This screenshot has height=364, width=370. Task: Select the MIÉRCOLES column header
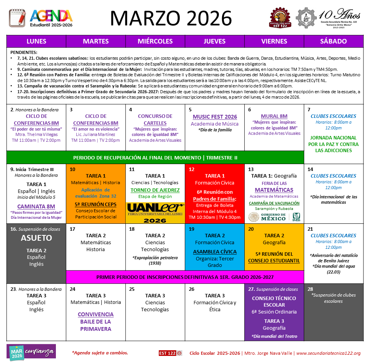155,41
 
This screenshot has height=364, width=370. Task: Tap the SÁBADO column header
333,41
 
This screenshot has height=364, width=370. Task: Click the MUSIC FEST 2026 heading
215,117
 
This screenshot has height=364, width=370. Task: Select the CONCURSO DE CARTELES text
155,119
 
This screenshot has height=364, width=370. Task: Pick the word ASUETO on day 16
36,238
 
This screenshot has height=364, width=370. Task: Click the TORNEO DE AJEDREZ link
155,190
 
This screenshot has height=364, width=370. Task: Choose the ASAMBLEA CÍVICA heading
215,252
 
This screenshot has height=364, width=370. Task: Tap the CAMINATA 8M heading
36,206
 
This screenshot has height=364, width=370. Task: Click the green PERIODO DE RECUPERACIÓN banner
155,158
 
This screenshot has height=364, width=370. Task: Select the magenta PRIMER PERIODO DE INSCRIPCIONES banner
185,277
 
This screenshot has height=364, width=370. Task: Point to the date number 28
310,289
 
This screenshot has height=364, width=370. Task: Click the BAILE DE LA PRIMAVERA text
96,325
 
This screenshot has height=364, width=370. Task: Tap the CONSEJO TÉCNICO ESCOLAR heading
274,301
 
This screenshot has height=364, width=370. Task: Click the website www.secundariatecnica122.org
328,353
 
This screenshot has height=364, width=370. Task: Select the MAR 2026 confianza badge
32,352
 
